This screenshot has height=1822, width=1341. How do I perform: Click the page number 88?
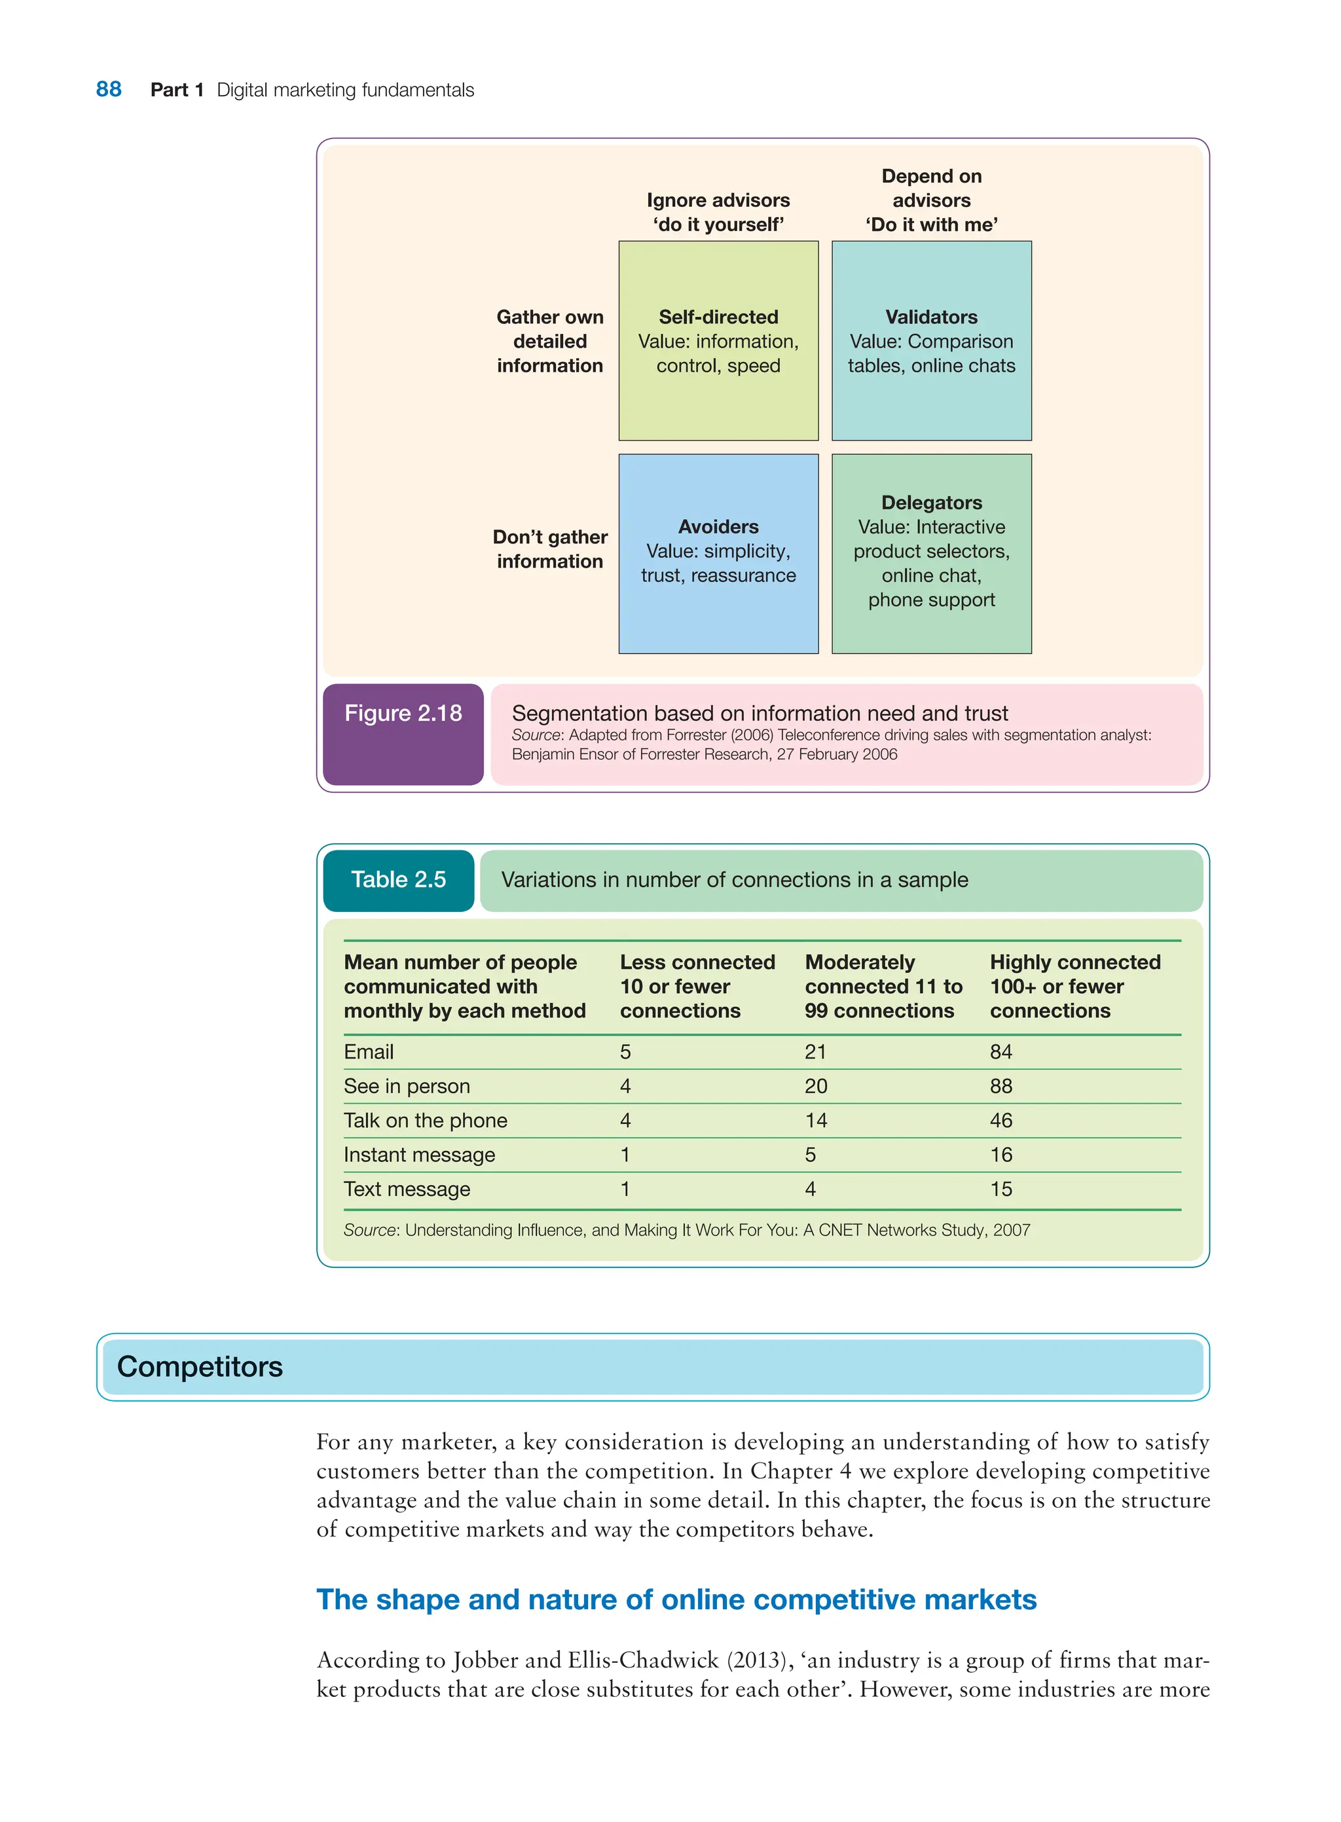click(108, 89)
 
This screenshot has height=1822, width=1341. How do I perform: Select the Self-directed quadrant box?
click(718, 341)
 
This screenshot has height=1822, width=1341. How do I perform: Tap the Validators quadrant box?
click(931, 341)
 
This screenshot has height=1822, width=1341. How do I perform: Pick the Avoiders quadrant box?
click(718, 553)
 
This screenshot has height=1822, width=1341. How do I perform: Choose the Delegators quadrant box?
click(931, 553)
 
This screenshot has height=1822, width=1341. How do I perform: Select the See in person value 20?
click(815, 1086)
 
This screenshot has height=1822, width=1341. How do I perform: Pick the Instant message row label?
click(419, 1154)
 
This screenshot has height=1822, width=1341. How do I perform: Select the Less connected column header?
click(697, 986)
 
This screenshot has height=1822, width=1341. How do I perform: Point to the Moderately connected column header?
click(883, 986)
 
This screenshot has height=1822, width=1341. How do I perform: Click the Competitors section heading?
click(200, 1367)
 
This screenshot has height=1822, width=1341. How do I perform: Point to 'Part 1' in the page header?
click(176, 89)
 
